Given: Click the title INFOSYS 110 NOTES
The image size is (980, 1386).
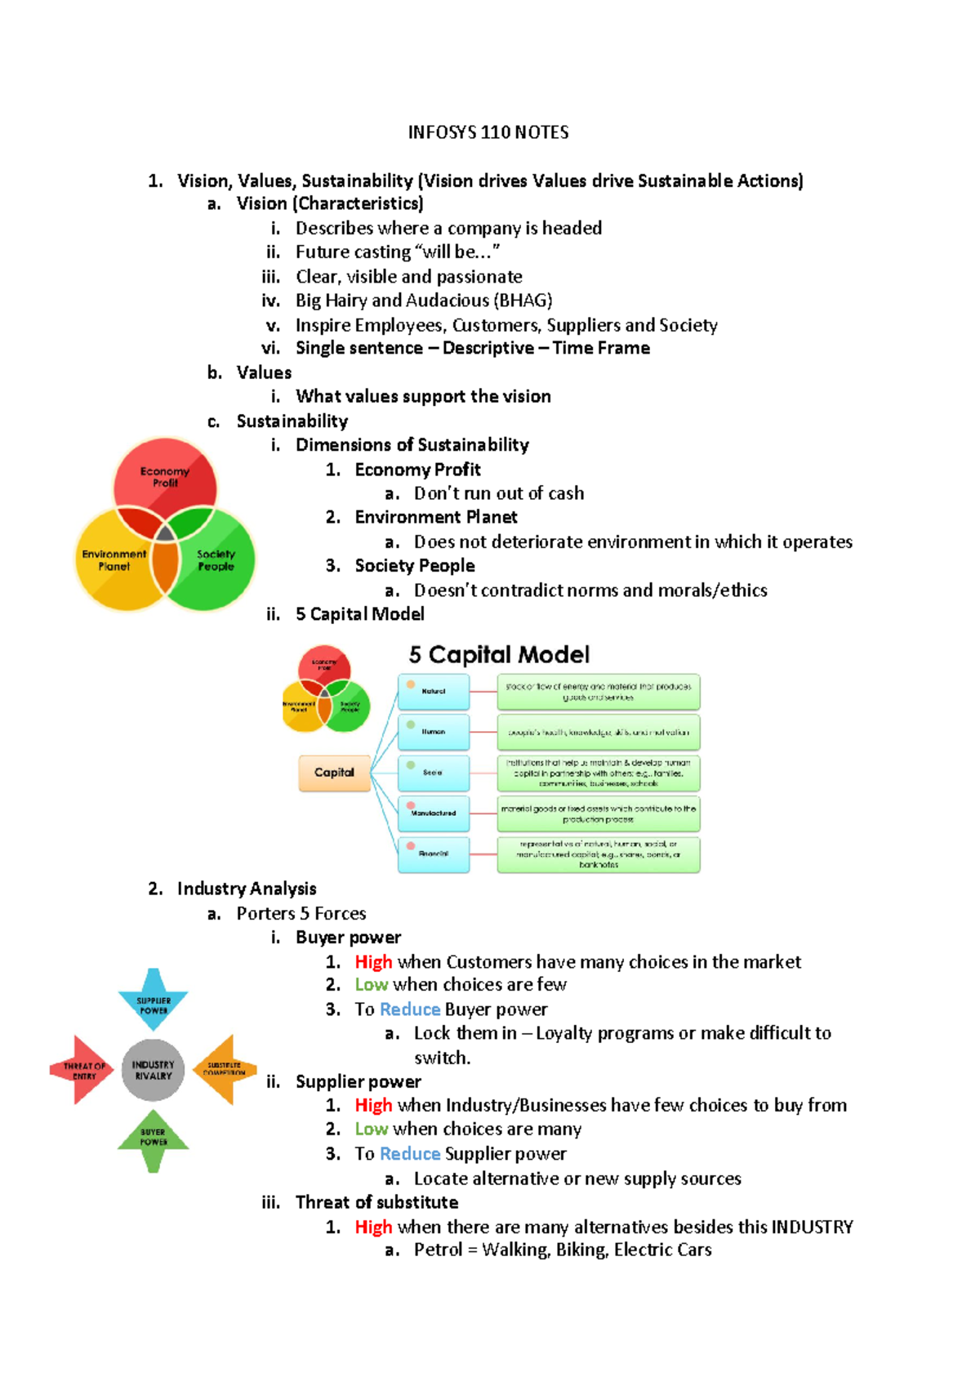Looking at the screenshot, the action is tap(488, 132).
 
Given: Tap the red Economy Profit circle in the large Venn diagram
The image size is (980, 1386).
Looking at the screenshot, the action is tap(165, 474).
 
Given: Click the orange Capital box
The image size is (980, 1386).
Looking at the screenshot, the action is tap(334, 773).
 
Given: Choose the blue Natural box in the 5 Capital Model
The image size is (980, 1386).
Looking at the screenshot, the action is tap(434, 691).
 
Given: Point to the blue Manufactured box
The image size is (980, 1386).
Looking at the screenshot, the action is tap(434, 813).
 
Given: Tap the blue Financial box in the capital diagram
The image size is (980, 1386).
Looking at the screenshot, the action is tap(434, 854).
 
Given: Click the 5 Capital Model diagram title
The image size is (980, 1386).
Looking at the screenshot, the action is tap(499, 655).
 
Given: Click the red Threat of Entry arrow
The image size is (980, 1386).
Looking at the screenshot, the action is tap(82, 1070).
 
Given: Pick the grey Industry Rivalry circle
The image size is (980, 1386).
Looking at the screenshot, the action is tap(154, 1070).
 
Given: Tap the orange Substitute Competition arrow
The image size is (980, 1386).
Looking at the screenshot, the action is tap(225, 1070).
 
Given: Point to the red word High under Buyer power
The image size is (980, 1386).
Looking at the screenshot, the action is tap(373, 962).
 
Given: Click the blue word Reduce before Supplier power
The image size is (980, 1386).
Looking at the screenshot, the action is tap(410, 1154).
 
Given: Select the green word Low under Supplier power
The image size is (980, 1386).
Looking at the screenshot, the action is tap(371, 1130).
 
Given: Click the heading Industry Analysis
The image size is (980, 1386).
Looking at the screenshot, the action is tap(247, 889).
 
